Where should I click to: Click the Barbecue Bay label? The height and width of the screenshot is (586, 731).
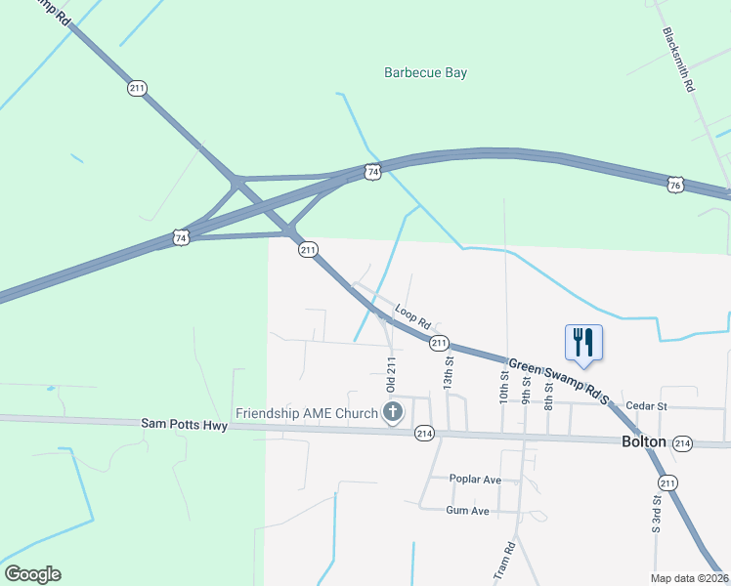(x=425, y=72)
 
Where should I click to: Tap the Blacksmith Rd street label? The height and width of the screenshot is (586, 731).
(x=678, y=60)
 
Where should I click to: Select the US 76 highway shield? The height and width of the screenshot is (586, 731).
(x=674, y=184)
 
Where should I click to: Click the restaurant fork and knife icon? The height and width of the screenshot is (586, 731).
(x=583, y=342)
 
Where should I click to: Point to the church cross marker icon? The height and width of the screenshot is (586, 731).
(x=393, y=413)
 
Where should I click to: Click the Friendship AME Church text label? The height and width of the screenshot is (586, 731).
(x=306, y=413)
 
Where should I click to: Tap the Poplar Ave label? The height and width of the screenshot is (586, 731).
(x=475, y=480)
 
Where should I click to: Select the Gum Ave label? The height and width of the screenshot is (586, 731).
(x=467, y=511)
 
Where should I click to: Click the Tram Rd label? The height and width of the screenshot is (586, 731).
(x=504, y=562)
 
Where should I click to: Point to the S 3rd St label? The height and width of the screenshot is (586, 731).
(x=656, y=515)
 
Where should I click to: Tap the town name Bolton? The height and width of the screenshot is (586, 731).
(x=644, y=441)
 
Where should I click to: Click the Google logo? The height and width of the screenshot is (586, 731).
(x=32, y=574)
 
